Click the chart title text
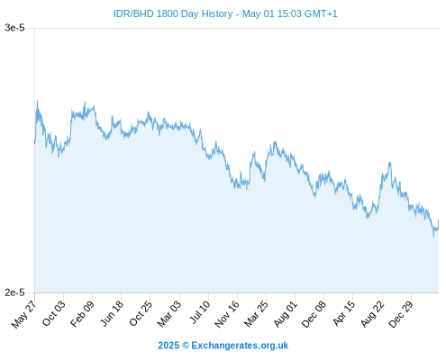point(225,13)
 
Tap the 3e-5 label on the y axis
point(14,28)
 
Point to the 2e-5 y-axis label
point(14,292)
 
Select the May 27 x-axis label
point(23,313)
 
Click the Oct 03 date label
point(53,313)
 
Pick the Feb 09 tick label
point(82,314)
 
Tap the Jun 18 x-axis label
point(112,313)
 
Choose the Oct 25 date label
point(141,313)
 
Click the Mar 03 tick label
point(169,314)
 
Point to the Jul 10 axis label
point(200,312)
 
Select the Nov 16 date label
point(227,314)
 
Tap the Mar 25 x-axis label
point(256,314)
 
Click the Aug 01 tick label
point(286,314)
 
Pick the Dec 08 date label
point(314,314)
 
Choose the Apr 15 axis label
point(344,313)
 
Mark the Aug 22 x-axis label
point(372,314)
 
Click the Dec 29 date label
point(401,314)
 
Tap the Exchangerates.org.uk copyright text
point(240,346)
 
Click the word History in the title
point(217,13)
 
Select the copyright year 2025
point(168,346)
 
